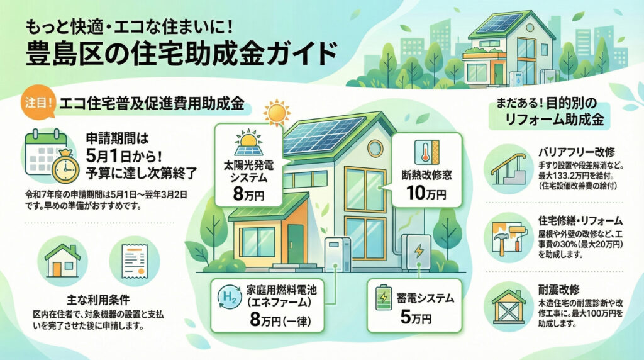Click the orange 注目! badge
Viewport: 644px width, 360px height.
36,103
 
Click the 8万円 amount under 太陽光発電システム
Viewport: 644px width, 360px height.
247,193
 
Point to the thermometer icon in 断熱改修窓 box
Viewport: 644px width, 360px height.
422,154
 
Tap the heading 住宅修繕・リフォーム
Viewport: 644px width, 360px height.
580,221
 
